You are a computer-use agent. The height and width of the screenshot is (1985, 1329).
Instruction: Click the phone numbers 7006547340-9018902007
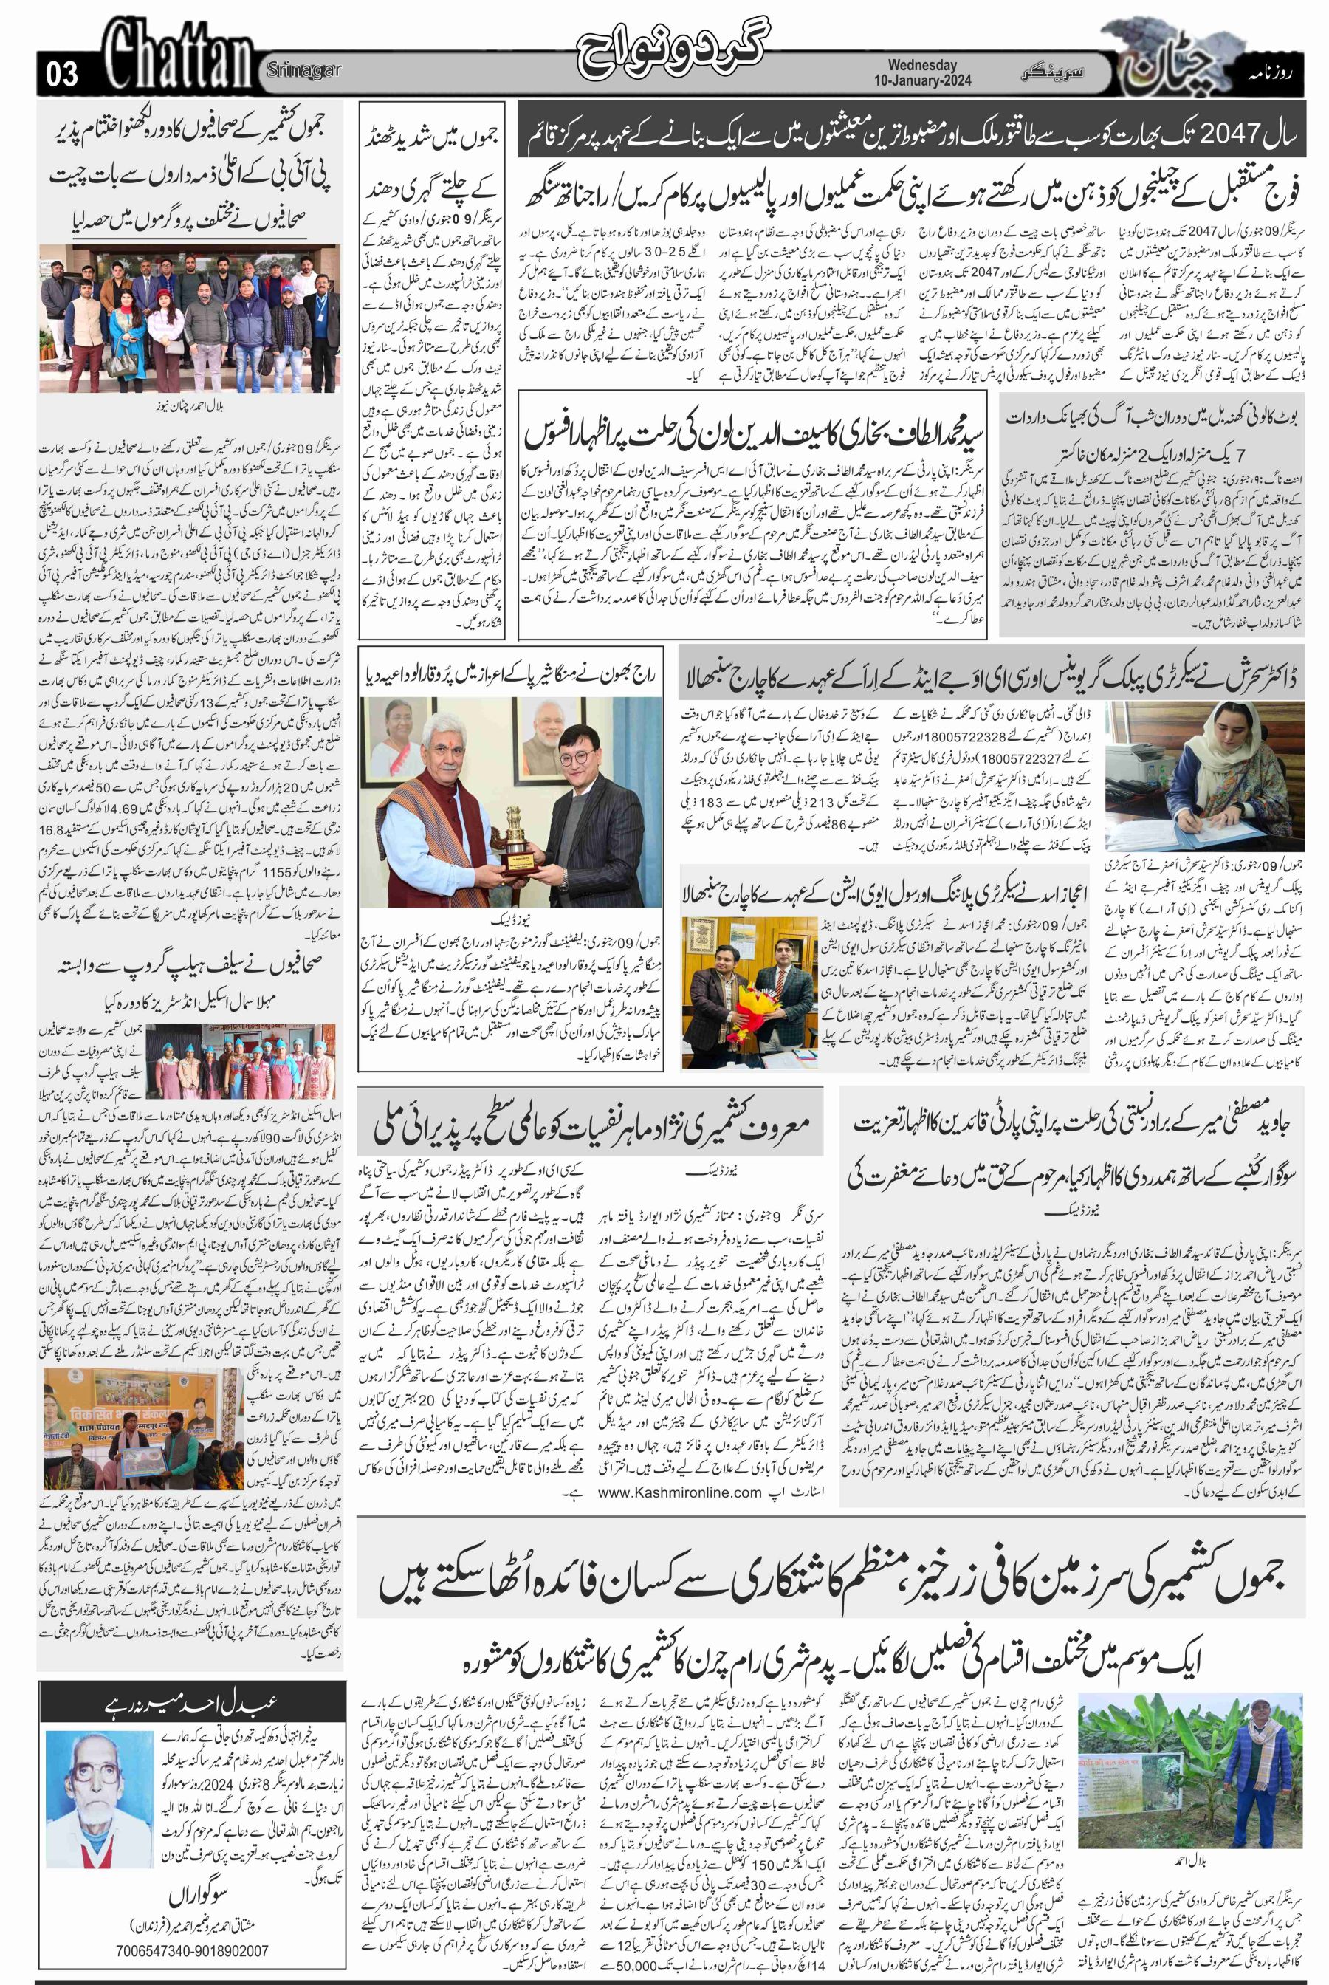[195, 1944]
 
